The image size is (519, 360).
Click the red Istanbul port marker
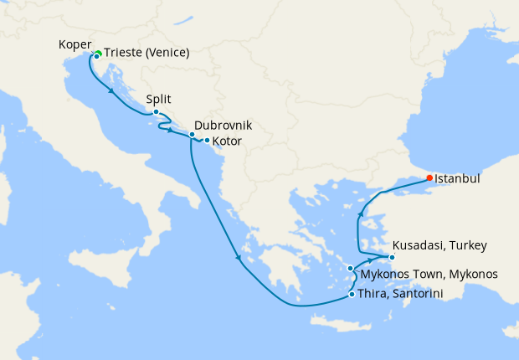pyautogui.click(x=429, y=177)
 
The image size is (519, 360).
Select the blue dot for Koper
pyautogui.click(x=96, y=57)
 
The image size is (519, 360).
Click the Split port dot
pyautogui.click(x=156, y=112)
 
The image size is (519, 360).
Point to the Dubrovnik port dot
pyautogui.click(x=192, y=135)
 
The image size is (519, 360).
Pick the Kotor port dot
pyautogui.click(x=207, y=141)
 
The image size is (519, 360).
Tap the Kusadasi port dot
pyautogui.click(x=391, y=256)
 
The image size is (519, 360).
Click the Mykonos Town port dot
pyautogui.click(x=352, y=269)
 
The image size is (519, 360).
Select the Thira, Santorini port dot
pyautogui.click(x=352, y=294)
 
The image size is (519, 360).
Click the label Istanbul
pyautogui.click(x=458, y=177)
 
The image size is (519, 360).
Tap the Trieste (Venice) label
pyautogui.click(x=147, y=53)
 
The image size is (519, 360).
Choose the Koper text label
pyautogui.click(x=75, y=44)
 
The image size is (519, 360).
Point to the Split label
pyautogui.click(x=159, y=98)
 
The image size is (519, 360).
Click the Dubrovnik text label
pyautogui.click(x=223, y=125)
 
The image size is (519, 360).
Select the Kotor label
pyautogui.click(x=228, y=141)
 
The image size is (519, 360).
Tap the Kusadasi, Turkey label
pyautogui.click(x=439, y=245)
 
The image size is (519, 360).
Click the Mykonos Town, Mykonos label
pyautogui.click(x=429, y=274)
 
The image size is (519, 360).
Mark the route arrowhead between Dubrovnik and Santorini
pyautogui.click(x=239, y=257)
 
